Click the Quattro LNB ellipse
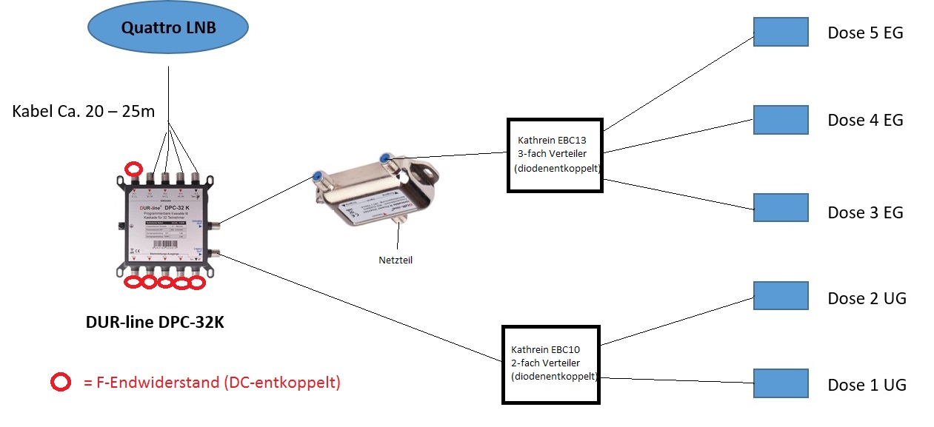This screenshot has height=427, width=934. click(x=168, y=29)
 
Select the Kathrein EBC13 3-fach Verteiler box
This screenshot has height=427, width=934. click(x=555, y=155)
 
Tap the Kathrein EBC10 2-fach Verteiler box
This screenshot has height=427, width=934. click(x=551, y=364)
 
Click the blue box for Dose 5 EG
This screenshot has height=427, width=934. click(x=781, y=32)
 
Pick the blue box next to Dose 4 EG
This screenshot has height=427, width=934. click(x=781, y=119)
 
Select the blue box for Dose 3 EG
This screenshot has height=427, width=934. click(x=781, y=208)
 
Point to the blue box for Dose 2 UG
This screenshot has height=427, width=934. click(x=781, y=295)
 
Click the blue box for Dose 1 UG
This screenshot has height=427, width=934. click(x=781, y=383)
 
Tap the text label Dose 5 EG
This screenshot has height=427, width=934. click(x=865, y=33)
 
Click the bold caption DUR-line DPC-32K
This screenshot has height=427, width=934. click(x=159, y=323)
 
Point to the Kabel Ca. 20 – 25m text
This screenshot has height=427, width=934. click(x=84, y=112)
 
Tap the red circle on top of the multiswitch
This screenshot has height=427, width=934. click(x=134, y=168)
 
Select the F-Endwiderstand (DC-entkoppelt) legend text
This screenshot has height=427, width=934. click(x=211, y=383)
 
